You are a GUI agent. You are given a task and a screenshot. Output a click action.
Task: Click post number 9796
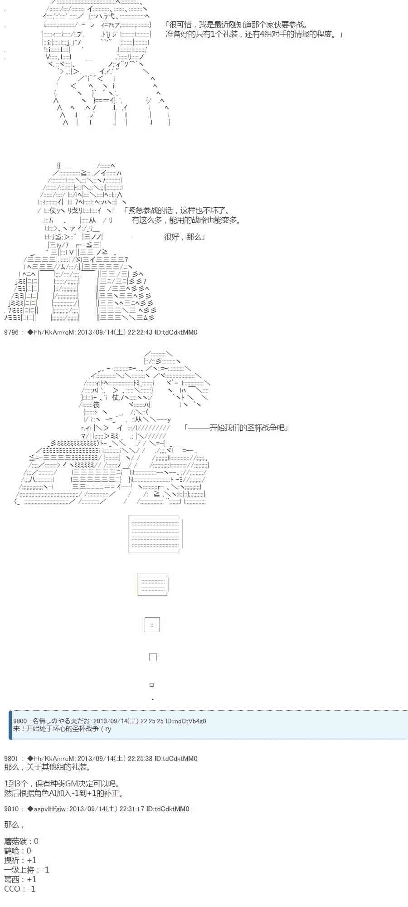[x=11, y=332]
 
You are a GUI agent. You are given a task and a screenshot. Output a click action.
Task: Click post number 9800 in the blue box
[x=20, y=721]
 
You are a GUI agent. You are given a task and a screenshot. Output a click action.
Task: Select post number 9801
[x=11, y=758]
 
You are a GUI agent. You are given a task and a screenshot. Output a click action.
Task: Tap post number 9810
[x=11, y=809]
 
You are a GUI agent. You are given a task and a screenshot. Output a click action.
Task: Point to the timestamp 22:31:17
[x=132, y=809]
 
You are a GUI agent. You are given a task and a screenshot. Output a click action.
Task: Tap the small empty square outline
[x=153, y=657]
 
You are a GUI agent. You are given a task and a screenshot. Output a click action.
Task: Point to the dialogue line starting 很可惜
[x=236, y=25]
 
